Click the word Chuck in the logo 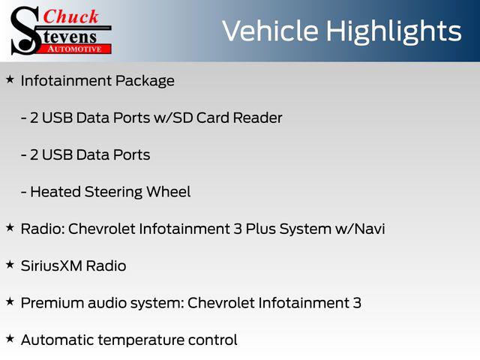70,16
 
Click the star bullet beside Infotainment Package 10,79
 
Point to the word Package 145,82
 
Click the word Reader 257,118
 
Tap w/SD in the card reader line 173,118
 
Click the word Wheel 168,192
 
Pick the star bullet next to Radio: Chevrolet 10,228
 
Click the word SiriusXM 51,266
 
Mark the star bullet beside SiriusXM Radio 10,265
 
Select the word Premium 52,303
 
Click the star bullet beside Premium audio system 10,301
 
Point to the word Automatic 57,340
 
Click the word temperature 141,340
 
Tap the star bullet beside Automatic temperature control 10,339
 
